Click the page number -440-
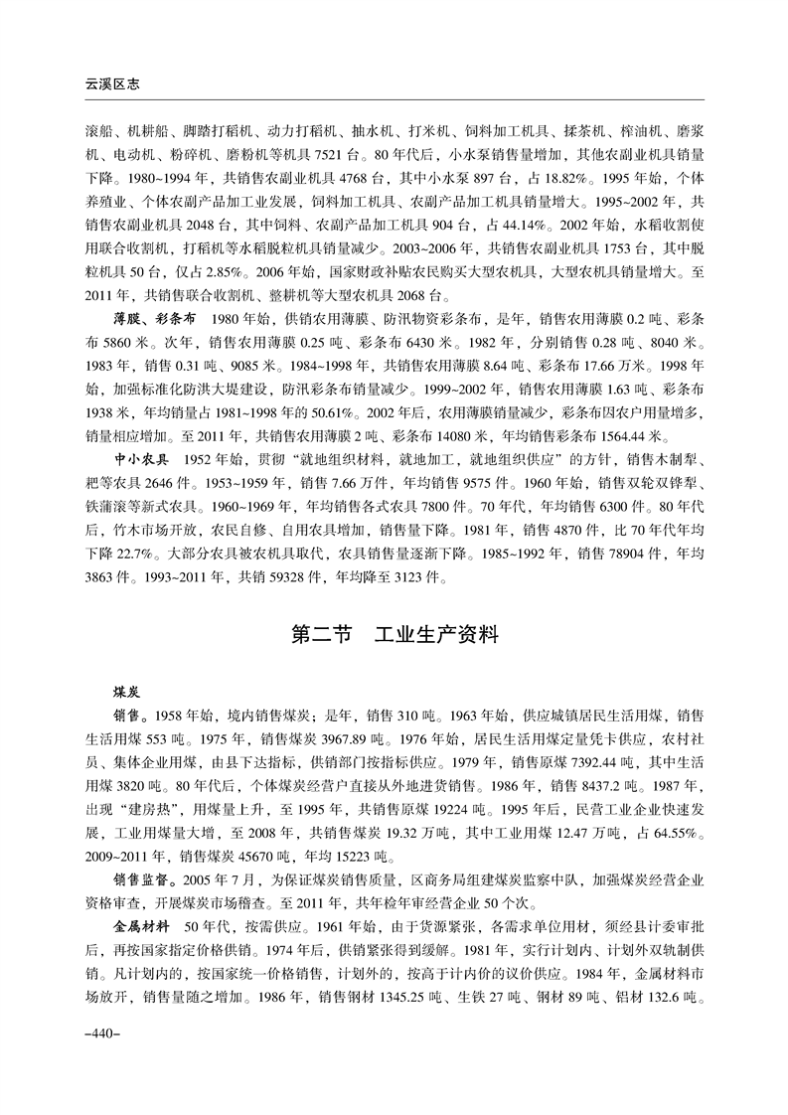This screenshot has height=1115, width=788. pyautogui.click(x=103, y=1034)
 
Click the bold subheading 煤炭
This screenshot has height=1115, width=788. pyautogui.click(x=128, y=689)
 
